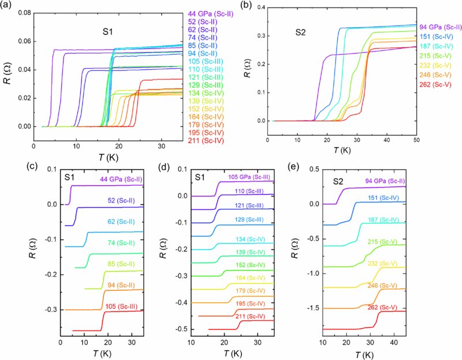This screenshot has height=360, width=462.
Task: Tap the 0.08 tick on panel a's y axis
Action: coord(23,12)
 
